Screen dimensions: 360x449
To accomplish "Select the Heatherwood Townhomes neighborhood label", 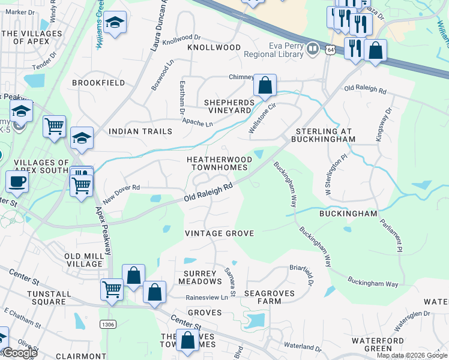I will (x=217, y=163).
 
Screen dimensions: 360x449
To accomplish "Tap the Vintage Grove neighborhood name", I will (x=219, y=233).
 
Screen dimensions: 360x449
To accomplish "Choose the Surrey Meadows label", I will (x=199, y=278).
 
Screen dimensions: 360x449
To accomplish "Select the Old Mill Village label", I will (x=83, y=260).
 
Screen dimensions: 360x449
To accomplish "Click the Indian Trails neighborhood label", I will (x=140, y=131).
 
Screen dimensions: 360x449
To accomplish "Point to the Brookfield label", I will (x=98, y=82).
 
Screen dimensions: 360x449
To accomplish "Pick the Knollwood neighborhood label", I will (x=214, y=47).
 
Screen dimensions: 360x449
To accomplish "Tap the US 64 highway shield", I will (x=331, y=51).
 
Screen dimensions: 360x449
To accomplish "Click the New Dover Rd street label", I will (x=121, y=193).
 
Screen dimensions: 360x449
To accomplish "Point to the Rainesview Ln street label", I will (x=207, y=296).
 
